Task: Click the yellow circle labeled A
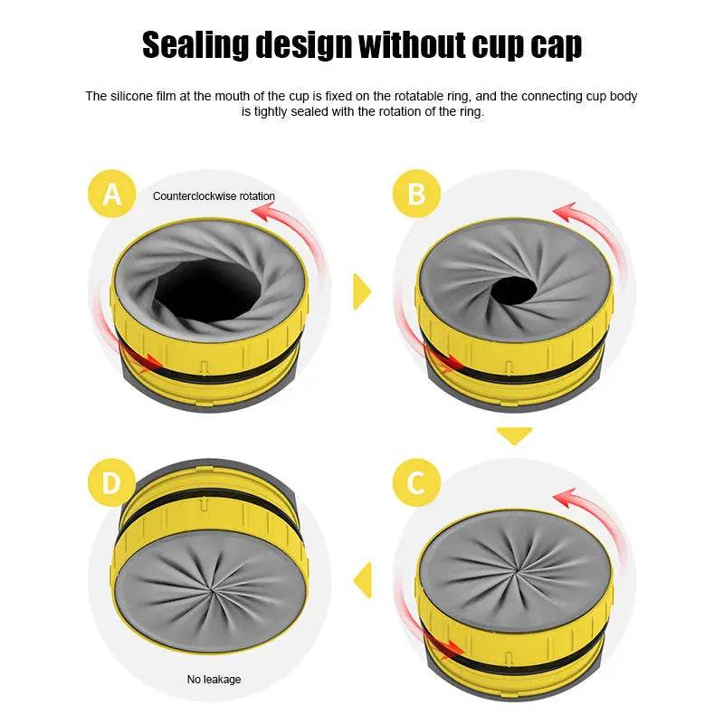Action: point(111,194)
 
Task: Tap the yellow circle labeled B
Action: point(416,194)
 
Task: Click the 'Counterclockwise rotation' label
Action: point(214,195)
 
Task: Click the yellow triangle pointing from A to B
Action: point(362,291)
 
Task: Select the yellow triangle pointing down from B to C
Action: point(514,435)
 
